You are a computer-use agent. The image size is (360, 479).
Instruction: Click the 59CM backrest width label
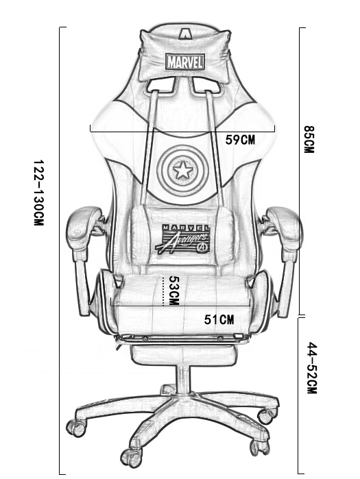pos(240,140)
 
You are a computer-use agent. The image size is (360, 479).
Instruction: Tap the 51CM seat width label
pos(219,319)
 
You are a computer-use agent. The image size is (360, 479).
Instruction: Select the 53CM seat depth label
pos(173,291)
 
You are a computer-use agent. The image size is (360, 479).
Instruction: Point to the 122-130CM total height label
pos(38,193)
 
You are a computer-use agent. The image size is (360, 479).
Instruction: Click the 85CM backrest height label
pos(309,139)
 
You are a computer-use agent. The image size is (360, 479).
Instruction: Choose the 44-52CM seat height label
pos(312,368)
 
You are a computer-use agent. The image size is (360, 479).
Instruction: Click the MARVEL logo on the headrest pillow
pos(185,62)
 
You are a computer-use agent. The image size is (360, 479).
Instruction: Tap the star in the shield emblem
pos(183,171)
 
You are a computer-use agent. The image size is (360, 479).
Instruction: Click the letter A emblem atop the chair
pos(185,34)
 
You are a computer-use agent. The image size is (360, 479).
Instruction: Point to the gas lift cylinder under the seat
pos(183,380)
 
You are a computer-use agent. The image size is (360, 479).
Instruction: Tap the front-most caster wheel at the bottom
pos(131,458)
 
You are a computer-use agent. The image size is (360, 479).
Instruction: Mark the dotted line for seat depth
pos(163,291)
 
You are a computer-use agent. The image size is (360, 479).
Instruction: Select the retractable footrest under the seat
pos(183,354)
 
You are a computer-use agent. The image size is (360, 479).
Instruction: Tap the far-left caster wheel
pos(76,428)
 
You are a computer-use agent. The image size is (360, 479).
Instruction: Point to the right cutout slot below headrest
pos(207,84)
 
